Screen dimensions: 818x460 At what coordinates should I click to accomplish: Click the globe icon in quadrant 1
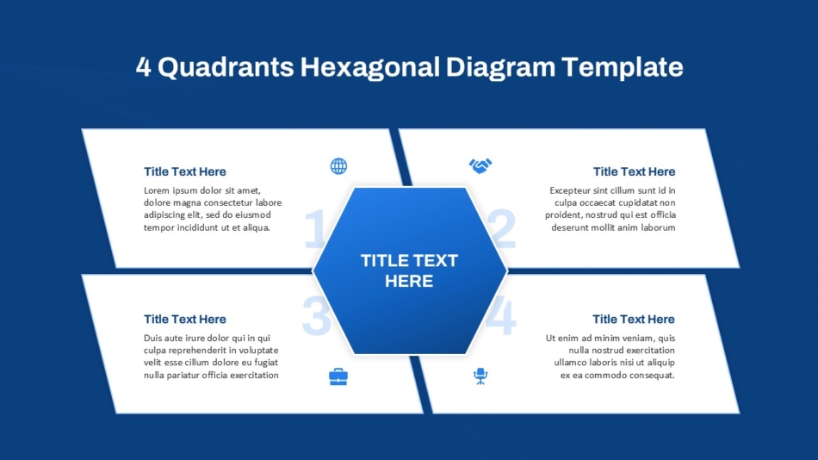pos(338,166)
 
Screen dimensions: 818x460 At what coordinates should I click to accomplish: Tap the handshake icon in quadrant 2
pos(480,166)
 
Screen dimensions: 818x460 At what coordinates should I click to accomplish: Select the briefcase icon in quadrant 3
pos(338,376)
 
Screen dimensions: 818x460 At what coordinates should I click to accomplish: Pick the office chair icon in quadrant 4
pos(480,376)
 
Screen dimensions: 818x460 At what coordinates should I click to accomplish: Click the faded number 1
pos(314,228)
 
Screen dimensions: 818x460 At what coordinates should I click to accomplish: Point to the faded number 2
pos(502,228)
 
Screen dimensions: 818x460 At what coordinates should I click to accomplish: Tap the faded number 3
pos(317,315)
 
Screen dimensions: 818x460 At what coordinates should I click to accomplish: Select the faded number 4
pos(501,315)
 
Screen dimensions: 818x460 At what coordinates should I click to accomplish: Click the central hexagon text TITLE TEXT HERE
pos(409,270)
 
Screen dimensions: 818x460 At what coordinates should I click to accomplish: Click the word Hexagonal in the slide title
pos(369,67)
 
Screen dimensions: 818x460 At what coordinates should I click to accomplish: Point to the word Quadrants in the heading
pos(226,67)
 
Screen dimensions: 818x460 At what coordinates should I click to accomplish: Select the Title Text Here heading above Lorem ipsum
pos(184,171)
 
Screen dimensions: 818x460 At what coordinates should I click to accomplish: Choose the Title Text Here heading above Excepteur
pos(634,171)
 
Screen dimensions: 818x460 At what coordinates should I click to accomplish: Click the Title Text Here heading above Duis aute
pos(184,319)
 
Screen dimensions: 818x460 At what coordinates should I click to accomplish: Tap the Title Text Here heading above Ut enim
pos(634,319)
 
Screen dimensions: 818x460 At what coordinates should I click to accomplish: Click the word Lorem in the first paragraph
pos(157,190)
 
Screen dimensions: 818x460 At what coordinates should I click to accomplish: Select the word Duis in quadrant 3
pos(153,338)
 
